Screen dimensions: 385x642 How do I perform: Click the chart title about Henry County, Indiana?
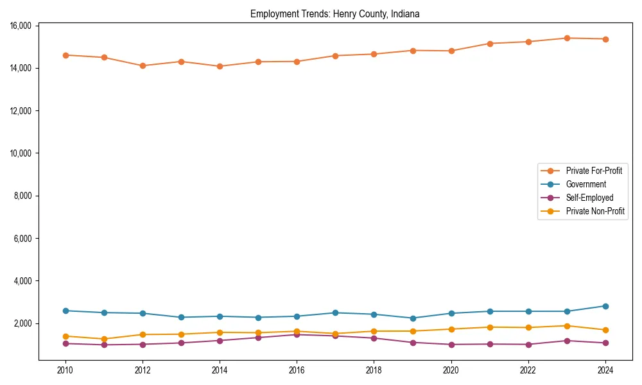pyautogui.click(x=334, y=14)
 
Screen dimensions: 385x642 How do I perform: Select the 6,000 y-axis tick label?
pyautogui.click(x=23, y=238)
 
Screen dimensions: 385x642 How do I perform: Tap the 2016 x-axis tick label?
pyautogui.click(x=297, y=370)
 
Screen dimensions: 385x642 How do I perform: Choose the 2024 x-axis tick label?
pyautogui.click(x=605, y=370)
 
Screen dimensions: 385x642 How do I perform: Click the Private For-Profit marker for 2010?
pyautogui.click(x=65, y=55)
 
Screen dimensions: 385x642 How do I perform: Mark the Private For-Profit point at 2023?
pyautogui.click(x=567, y=38)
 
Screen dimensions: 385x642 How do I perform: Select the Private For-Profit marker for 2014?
pyautogui.click(x=220, y=66)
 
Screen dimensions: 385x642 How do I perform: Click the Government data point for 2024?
pyautogui.click(x=605, y=306)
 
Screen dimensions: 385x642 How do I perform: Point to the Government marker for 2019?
pyautogui.click(x=413, y=318)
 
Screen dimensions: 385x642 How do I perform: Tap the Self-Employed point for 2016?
pyautogui.click(x=297, y=334)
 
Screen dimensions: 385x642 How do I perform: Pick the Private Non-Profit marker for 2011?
pyautogui.click(x=104, y=339)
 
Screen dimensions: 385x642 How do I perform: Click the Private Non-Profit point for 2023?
pyautogui.click(x=567, y=326)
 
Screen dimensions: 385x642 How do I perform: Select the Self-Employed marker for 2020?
pyautogui.click(x=451, y=345)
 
